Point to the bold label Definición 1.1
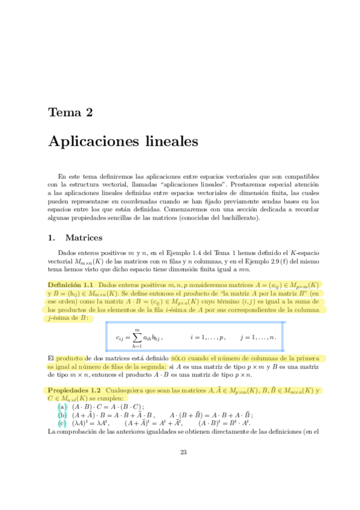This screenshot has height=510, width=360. pos(70,284)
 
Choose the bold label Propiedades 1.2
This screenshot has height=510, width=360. pos(73,390)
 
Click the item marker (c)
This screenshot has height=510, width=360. pos(62,423)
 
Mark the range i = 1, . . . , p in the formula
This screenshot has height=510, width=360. pos(207,338)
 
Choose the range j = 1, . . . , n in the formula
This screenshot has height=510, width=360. pos(257,338)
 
